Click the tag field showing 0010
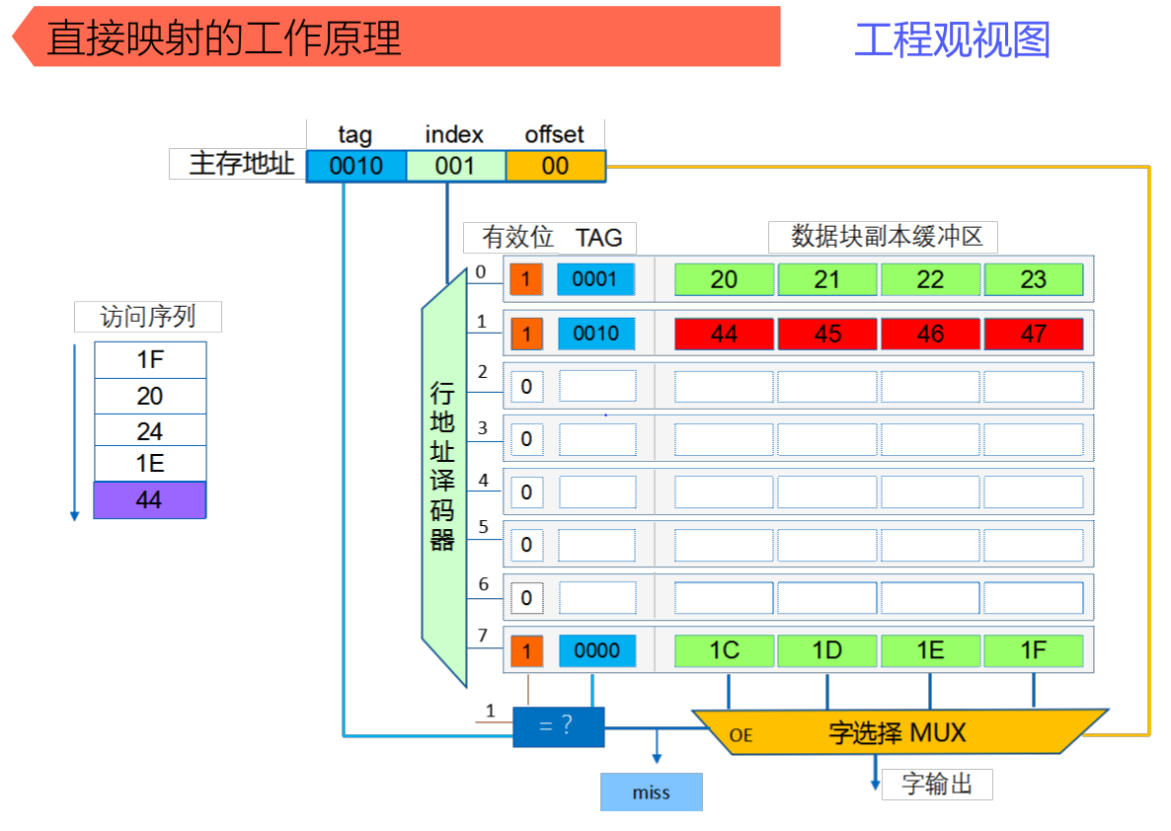click(x=355, y=166)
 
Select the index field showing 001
click(x=455, y=166)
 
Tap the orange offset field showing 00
click(x=555, y=166)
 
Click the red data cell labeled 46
click(x=930, y=334)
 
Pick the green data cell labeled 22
click(x=930, y=279)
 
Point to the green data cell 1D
click(x=826, y=650)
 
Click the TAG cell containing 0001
click(x=595, y=279)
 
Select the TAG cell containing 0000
click(x=596, y=650)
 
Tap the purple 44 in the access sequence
click(x=149, y=500)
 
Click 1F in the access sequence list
click(x=149, y=360)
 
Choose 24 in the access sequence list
click(x=149, y=431)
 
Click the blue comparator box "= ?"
click(x=558, y=726)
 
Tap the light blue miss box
click(x=651, y=793)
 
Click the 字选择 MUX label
click(x=897, y=733)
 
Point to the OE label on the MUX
click(x=741, y=735)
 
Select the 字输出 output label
click(x=937, y=785)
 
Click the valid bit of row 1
click(x=526, y=334)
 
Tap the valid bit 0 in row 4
click(x=526, y=491)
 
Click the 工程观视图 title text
click(x=952, y=39)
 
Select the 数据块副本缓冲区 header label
click(x=883, y=237)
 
